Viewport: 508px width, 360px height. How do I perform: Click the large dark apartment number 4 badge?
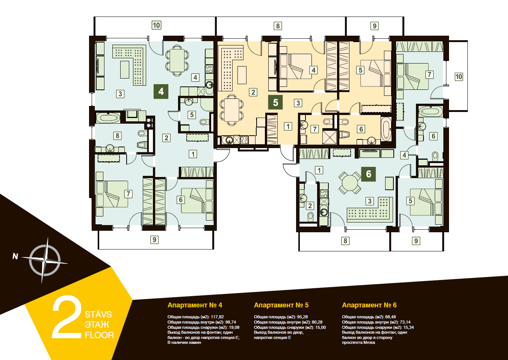tap(161, 91)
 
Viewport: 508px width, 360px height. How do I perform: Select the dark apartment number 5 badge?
tap(275, 102)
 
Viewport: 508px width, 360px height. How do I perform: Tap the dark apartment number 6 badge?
tap(369, 174)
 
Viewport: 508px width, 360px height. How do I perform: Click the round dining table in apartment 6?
tap(350, 183)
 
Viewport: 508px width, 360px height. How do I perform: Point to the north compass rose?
tap(45, 260)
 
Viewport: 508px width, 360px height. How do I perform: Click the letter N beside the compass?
tap(15, 256)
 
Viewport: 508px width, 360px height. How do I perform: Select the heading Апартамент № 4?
tap(195, 305)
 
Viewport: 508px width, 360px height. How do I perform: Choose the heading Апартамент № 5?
tap(281, 305)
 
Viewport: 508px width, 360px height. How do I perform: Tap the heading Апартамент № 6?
tap(369, 305)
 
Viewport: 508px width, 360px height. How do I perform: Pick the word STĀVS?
tap(98, 315)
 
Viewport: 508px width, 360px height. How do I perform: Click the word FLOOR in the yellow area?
tap(99, 335)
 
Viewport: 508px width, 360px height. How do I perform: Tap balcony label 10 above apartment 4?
tap(156, 25)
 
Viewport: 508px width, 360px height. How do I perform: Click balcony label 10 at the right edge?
tap(459, 76)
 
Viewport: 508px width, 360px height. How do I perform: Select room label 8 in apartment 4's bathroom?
tap(118, 136)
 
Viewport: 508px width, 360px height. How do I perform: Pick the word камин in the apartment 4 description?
tap(195, 343)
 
